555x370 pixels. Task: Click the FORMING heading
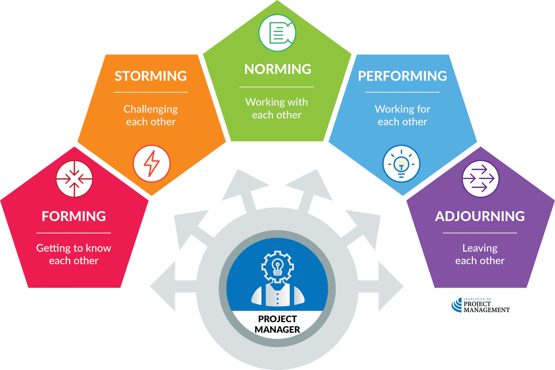point(74,216)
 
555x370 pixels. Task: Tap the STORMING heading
point(151,76)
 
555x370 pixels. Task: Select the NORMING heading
point(277,69)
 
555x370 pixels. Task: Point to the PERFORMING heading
point(402,76)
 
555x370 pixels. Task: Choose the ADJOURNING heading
point(480,216)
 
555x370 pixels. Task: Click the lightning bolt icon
point(152,164)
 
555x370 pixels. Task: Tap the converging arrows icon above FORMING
point(74,179)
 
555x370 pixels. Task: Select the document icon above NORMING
point(277,33)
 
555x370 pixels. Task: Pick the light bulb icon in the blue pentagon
point(401,164)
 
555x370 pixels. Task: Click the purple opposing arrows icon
point(480,179)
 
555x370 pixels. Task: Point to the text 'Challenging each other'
point(151,115)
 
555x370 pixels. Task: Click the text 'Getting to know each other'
point(74,254)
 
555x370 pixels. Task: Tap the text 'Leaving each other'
point(480,254)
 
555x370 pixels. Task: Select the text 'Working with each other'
point(277,108)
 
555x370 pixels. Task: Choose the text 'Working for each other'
point(402,115)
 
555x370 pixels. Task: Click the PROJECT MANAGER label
point(277,324)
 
